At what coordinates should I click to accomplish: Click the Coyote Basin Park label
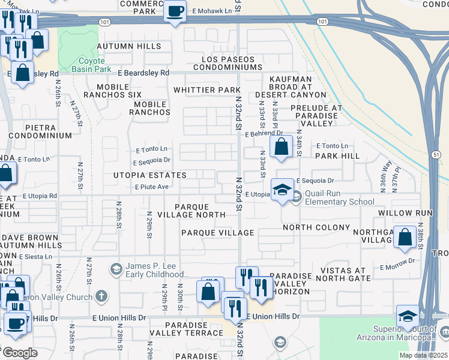pos(89,65)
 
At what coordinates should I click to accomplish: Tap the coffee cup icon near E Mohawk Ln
pos(175,12)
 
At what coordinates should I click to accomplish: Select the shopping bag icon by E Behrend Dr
pos(281,146)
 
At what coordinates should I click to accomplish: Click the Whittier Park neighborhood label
pos(207,90)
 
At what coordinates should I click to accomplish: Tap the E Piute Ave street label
pos(152,187)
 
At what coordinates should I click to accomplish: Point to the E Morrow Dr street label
pos(397,261)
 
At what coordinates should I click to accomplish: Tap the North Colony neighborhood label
pos(316,227)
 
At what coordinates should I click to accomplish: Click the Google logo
pos(20,353)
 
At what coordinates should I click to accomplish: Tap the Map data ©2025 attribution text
pos(423,355)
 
